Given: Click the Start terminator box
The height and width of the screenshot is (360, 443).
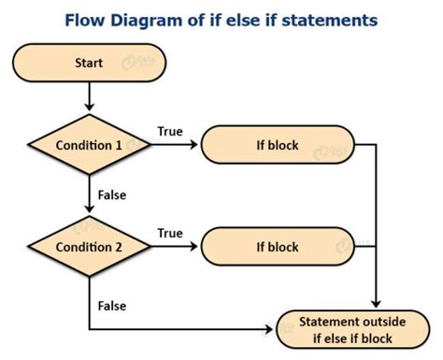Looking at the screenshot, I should pyautogui.click(x=88, y=63).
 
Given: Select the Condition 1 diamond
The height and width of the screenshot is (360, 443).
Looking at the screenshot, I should pyautogui.click(x=88, y=145).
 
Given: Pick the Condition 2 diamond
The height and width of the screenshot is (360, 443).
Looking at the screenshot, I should pyautogui.click(x=88, y=247).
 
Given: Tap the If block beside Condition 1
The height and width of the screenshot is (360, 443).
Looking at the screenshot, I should pyautogui.click(x=278, y=145).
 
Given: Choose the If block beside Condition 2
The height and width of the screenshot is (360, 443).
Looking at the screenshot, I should pyautogui.click(x=278, y=247).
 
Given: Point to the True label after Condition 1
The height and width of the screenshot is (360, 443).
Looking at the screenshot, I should pyautogui.click(x=170, y=132).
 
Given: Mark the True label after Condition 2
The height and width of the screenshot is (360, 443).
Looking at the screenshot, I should pyautogui.click(x=170, y=233).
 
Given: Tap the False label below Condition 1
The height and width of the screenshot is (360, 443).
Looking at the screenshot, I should pyautogui.click(x=111, y=195).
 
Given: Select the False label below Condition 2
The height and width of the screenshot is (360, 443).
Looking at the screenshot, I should pyautogui.click(x=111, y=305).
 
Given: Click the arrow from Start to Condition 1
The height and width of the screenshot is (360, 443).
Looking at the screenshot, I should pyautogui.click(x=88, y=97).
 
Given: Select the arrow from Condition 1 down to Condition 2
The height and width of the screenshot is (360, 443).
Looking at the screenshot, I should pyautogui.click(x=88, y=195).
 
